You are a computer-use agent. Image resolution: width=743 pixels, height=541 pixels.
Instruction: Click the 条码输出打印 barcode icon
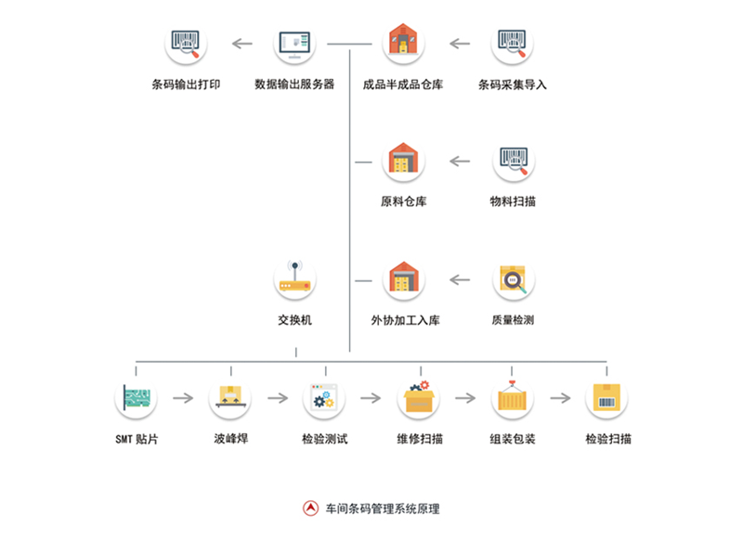point(186,44)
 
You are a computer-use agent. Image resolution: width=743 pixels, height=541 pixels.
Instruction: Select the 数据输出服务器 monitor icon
point(294,44)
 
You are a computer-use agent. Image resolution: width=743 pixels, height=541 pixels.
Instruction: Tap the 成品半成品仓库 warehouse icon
point(404,43)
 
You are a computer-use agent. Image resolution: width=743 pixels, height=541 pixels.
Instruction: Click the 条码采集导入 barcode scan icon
point(514,44)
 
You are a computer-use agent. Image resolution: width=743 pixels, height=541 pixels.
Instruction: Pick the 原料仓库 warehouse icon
point(404,161)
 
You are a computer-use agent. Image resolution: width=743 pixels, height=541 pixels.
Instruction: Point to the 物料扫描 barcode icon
point(514,161)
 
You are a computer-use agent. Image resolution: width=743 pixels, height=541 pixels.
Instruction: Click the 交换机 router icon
point(296,278)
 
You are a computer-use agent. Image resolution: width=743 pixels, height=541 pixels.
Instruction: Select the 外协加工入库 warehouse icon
point(404,279)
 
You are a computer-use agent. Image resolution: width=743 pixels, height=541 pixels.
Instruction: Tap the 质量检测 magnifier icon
point(514,279)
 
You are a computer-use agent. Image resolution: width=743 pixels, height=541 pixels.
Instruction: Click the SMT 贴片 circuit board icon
point(136,398)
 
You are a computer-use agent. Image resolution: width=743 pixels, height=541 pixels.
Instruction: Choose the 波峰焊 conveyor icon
point(229,398)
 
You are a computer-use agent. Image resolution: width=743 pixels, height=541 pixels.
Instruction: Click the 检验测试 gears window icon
point(324,398)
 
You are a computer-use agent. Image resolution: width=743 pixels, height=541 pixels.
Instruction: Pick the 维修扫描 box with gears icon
point(419,398)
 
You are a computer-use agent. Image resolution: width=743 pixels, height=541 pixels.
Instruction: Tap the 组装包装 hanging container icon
point(513,398)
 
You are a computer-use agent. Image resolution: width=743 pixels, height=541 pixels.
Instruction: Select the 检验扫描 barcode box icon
point(607,398)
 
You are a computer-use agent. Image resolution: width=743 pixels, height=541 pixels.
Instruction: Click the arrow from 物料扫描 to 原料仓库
point(460,161)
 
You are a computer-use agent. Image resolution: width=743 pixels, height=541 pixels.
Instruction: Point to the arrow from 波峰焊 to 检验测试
point(277,399)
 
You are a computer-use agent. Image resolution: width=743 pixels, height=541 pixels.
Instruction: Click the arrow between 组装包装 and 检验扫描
point(560,399)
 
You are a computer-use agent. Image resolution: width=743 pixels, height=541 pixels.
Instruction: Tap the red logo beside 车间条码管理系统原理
point(310,509)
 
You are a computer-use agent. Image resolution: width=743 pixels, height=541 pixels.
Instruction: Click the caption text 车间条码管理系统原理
point(382,509)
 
